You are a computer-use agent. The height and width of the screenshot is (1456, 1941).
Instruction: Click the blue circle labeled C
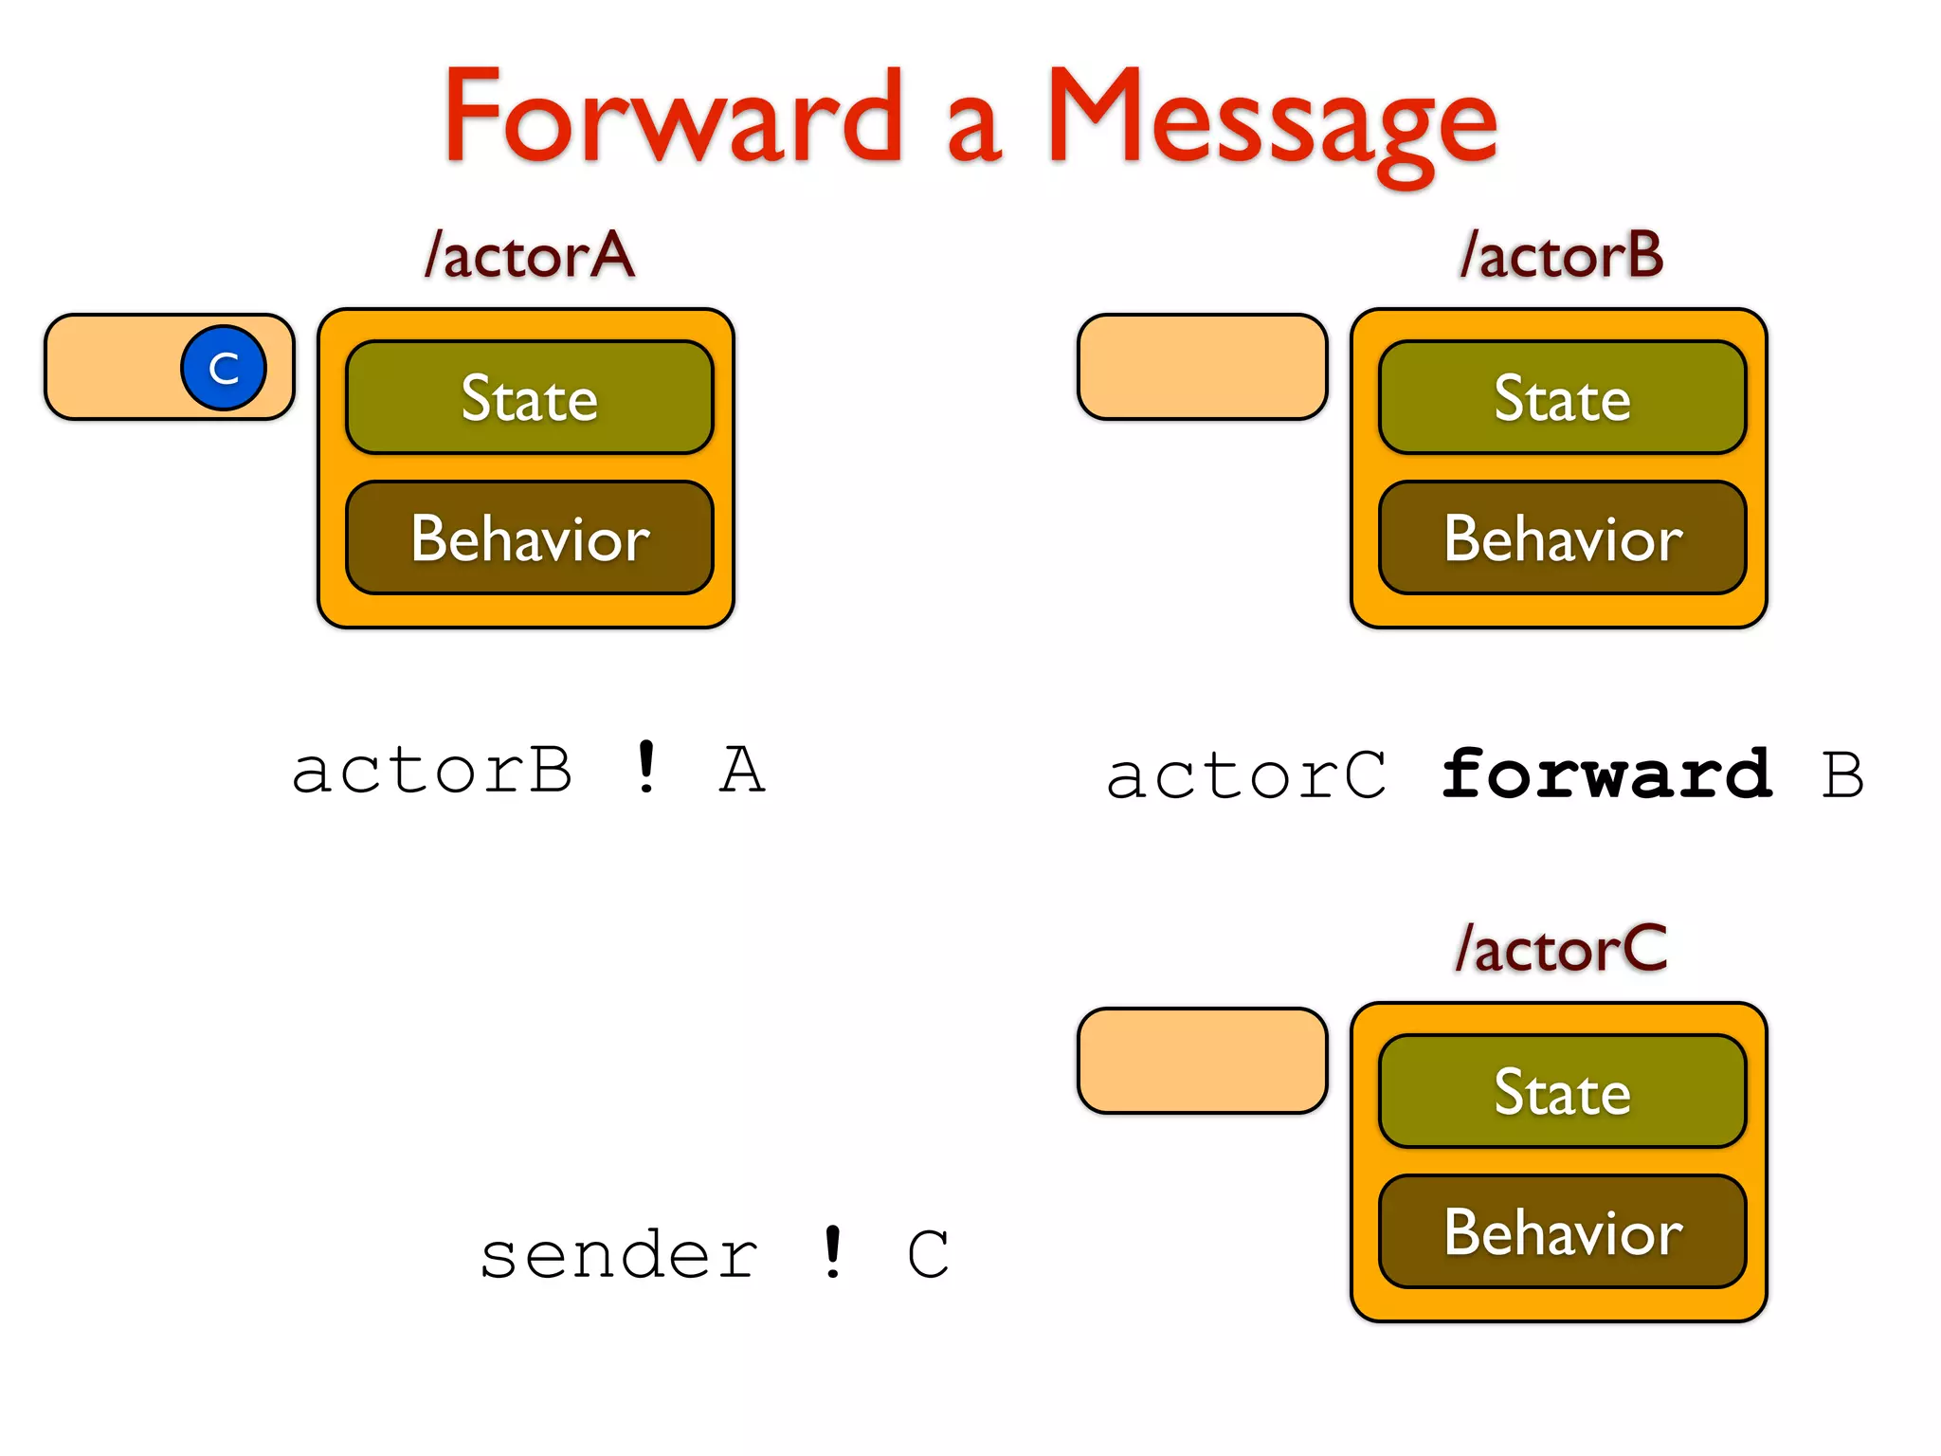pyautogui.click(x=224, y=368)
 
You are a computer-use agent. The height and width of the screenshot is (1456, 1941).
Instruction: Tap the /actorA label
pyautogui.click(x=530, y=255)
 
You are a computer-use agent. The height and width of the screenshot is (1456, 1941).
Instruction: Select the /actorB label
pyautogui.click(x=1562, y=255)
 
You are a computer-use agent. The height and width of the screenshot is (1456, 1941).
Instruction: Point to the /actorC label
pyautogui.click(x=1562, y=949)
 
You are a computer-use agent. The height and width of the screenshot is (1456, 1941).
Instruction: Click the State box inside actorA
pyautogui.click(x=529, y=397)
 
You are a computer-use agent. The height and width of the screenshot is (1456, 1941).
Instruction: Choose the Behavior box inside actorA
pyautogui.click(x=529, y=537)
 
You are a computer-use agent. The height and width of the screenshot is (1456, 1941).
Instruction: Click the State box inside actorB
pyautogui.click(x=1562, y=397)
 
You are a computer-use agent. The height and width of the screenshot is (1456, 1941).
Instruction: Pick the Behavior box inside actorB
pyautogui.click(x=1562, y=537)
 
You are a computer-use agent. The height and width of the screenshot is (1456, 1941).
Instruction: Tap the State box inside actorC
pyautogui.click(x=1562, y=1091)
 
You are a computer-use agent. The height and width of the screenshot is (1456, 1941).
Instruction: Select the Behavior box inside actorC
pyautogui.click(x=1562, y=1231)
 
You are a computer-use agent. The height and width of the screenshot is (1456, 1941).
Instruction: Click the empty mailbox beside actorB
pyautogui.click(x=1202, y=367)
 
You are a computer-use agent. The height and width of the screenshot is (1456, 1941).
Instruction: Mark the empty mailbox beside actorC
pyautogui.click(x=1202, y=1061)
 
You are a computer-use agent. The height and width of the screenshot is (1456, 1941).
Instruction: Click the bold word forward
pyautogui.click(x=1605, y=774)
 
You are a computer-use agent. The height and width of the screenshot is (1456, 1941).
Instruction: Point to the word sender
pyautogui.click(x=619, y=1256)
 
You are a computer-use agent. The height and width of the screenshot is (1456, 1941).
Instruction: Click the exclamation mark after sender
pyautogui.click(x=832, y=1253)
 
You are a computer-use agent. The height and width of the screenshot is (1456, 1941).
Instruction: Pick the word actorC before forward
pyautogui.click(x=1245, y=776)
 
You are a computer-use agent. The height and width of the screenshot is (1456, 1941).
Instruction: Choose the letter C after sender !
pyautogui.click(x=927, y=1255)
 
